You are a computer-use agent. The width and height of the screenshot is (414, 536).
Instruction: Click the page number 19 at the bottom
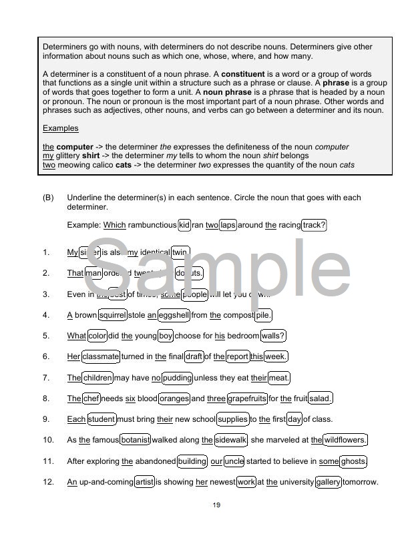click(216, 505)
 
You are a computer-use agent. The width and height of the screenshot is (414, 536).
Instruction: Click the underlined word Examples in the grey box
click(60, 128)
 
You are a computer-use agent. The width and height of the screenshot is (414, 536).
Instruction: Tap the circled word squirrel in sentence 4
click(112, 315)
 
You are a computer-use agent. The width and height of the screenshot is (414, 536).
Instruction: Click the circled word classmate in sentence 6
click(101, 356)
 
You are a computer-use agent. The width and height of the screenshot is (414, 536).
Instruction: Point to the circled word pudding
click(177, 378)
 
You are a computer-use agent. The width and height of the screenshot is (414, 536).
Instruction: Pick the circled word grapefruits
click(247, 398)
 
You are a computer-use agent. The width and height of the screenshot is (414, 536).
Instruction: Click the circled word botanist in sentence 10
click(136, 440)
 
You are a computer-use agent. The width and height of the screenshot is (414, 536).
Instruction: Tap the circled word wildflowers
click(345, 440)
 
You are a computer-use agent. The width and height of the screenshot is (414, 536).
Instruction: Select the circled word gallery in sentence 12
click(329, 482)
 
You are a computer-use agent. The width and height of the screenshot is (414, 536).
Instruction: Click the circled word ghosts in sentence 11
click(353, 461)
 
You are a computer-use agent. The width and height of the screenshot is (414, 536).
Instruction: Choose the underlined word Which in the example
click(114, 225)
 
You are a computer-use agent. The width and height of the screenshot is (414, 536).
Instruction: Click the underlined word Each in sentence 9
click(76, 419)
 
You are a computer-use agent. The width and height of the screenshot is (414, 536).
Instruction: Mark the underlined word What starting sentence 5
click(76, 336)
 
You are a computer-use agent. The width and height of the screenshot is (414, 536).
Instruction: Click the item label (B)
click(48, 198)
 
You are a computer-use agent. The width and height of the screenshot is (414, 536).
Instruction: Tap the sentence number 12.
click(48, 482)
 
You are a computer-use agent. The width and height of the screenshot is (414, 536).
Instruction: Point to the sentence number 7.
click(46, 378)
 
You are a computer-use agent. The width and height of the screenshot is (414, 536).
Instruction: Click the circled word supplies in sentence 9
click(232, 419)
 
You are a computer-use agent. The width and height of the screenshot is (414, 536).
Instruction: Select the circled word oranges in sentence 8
click(174, 398)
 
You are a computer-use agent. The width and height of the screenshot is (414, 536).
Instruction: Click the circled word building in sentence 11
click(192, 461)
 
